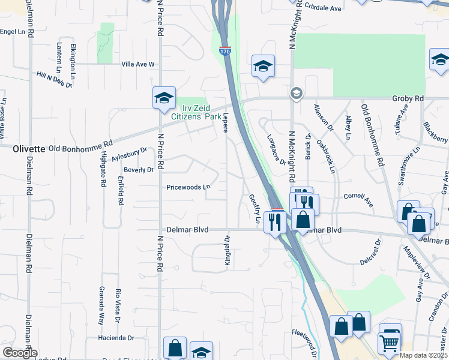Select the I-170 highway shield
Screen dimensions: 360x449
(225, 51)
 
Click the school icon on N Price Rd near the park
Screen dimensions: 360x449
(163, 98)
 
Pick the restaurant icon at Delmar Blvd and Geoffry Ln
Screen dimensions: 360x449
(276, 222)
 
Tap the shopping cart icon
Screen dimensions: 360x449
(388, 343)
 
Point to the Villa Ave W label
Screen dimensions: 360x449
(138, 64)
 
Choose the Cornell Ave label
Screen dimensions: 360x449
(358, 197)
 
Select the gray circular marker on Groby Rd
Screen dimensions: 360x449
(296, 94)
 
